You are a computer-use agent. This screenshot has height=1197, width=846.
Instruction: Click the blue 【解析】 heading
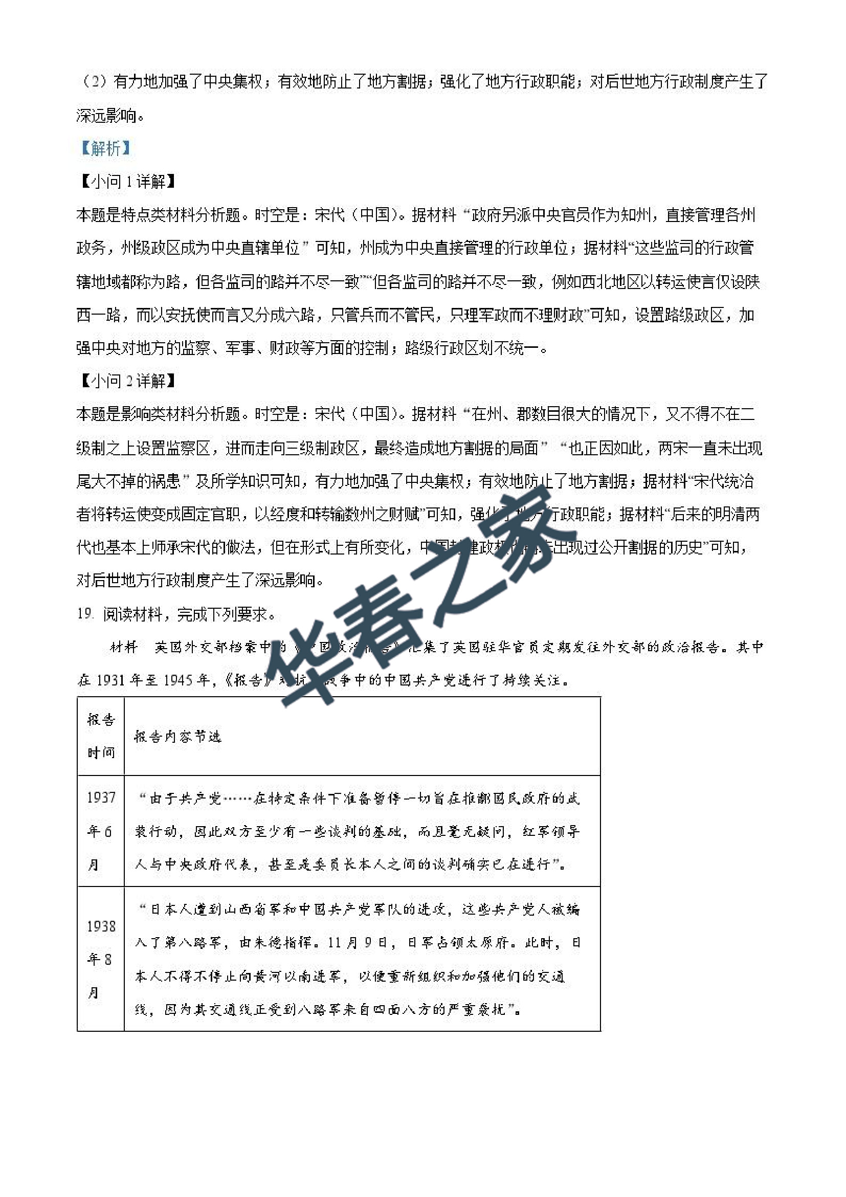(105, 148)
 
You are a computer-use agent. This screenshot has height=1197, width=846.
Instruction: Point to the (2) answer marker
(94, 82)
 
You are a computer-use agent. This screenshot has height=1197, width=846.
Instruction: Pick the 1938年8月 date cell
(100, 959)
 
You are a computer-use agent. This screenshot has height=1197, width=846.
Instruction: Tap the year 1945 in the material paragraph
(181, 680)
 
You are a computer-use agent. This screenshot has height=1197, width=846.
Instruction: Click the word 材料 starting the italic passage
(124, 647)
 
